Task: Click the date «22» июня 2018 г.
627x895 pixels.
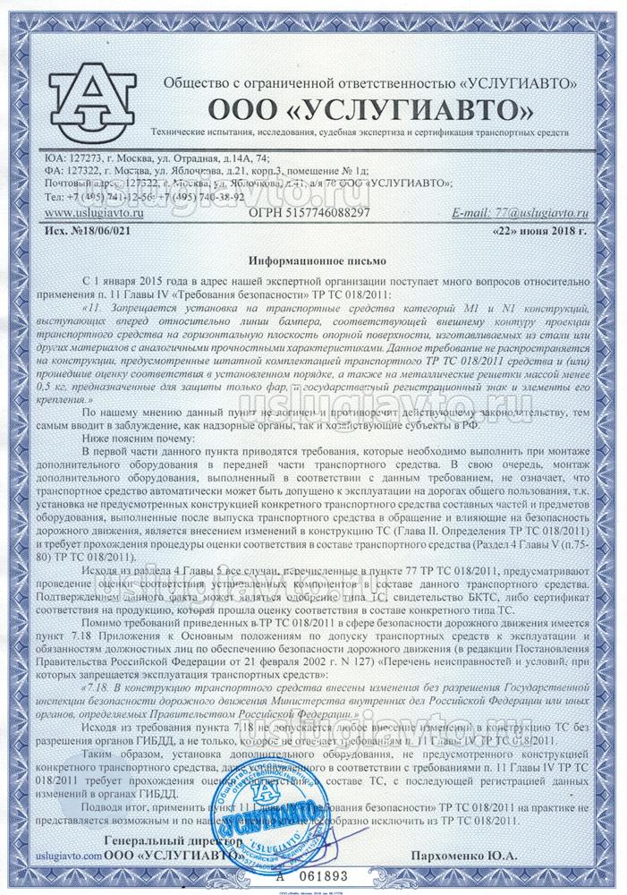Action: point(539,230)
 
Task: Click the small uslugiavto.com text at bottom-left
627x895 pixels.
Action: point(64,857)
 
